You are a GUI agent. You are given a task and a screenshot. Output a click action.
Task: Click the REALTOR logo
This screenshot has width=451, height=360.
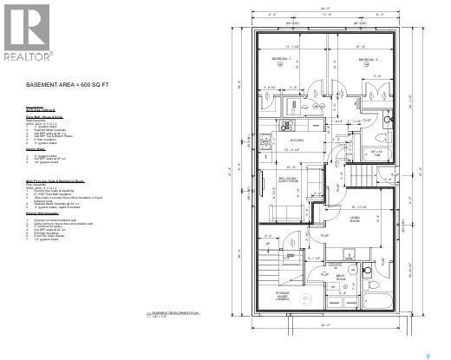click(27, 33)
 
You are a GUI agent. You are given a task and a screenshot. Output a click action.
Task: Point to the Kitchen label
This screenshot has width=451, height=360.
click(295, 140)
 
